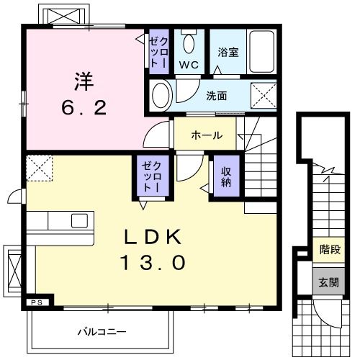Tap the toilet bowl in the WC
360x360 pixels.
189,42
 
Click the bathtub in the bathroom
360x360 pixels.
259,51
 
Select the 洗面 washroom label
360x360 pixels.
216,95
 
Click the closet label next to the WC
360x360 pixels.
158,51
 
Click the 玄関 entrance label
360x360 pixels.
328,282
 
